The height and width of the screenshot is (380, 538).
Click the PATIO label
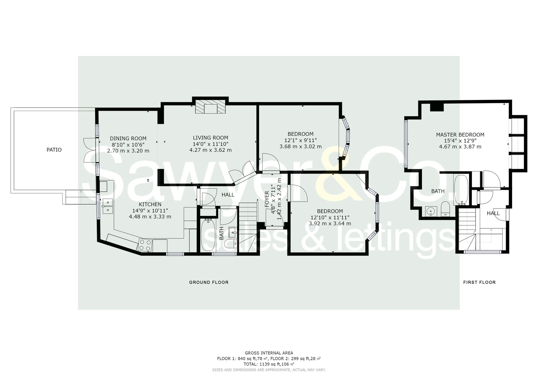[x=54, y=150]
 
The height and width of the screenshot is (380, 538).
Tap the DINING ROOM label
[x=128, y=138]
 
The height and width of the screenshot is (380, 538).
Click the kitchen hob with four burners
[x=145, y=245]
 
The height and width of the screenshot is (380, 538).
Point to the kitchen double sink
[x=108, y=206]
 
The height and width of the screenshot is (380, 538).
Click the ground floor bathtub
[x=208, y=235]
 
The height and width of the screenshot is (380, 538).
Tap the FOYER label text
[x=267, y=199]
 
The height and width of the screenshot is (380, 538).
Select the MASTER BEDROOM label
[x=460, y=135]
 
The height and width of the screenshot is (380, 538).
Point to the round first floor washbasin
[x=431, y=211]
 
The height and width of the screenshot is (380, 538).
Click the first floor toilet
[x=445, y=209]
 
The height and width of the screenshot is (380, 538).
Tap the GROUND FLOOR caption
[x=209, y=282]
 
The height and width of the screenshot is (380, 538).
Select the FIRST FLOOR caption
[x=479, y=282]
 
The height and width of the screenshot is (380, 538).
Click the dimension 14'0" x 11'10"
[x=210, y=144]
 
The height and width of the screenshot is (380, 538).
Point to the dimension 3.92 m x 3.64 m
[x=330, y=224]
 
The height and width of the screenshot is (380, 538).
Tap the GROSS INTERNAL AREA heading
[x=269, y=353]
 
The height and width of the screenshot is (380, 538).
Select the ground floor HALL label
[x=228, y=195]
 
